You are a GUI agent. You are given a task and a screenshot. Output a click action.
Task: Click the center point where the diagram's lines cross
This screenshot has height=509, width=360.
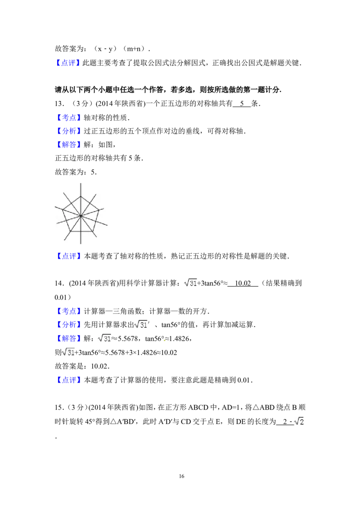pyautogui.click(x=81, y=216)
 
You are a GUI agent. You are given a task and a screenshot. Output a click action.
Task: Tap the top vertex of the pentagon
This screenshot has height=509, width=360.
pyautogui.click(x=81, y=196)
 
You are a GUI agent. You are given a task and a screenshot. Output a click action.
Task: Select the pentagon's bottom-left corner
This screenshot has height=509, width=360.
pyautogui.click(x=71, y=231)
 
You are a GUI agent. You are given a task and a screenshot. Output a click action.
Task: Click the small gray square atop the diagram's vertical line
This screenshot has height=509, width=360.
pyautogui.click(x=81, y=181)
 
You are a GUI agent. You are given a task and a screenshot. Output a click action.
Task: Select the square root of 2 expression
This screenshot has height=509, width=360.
pyautogui.click(x=299, y=421)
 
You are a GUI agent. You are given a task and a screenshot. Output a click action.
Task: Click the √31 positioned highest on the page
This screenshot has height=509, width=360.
pyautogui.click(x=191, y=282)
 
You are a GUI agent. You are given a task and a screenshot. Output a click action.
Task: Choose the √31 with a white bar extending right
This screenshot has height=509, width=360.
pyautogui.click(x=141, y=324)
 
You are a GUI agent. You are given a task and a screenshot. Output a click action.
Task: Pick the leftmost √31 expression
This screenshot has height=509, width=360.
pyautogui.click(x=68, y=353)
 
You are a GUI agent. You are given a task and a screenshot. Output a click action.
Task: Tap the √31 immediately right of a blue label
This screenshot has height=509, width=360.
pyautogui.click(x=104, y=339)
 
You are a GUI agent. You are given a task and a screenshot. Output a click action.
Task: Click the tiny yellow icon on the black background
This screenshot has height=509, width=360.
pyautogui.click(x=164, y=340)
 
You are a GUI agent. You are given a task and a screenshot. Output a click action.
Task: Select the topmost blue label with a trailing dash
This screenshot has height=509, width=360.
pyautogui.click(x=68, y=63)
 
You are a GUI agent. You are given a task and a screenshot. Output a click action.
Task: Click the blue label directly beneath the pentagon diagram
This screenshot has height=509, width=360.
pyautogui.click(x=70, y=256)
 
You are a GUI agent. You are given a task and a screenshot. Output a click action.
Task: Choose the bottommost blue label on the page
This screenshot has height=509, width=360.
pyautogui.click(x=70, y=380)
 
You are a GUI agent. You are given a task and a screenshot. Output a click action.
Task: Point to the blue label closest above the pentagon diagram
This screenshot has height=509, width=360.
pyautogui.click(x=70, y=145)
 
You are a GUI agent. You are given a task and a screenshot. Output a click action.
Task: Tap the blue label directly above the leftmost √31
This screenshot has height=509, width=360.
pyautogui.click(x=70, y=338)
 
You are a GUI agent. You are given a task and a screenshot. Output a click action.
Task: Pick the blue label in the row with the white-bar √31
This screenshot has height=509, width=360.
pyautogui.click(x=70, y=324)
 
